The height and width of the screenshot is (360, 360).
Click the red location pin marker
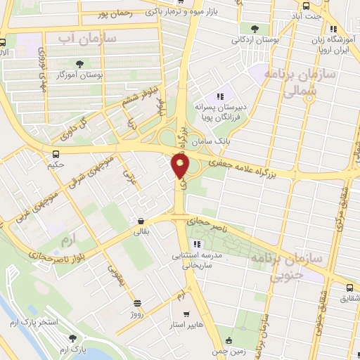[x=181, y=167]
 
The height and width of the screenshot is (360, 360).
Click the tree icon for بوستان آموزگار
[x=86, y=64]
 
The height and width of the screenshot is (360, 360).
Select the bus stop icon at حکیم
[x=55, y=155]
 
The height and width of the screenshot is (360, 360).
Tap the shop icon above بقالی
[x=142, y=220]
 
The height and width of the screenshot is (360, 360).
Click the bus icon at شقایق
[x=349, y=287]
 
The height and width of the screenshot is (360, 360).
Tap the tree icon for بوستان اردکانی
[x=253, y=29]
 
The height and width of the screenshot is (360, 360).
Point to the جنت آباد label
[x=308, y=15]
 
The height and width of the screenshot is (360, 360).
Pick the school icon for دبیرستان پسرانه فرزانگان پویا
[x=219, y=96]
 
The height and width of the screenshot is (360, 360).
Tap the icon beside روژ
[x=138, y=303]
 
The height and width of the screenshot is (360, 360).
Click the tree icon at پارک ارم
[x=69, y=340]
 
